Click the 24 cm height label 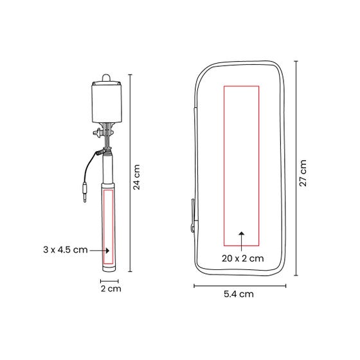click(136, 177)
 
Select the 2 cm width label click(111, 289)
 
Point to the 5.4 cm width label click(239, 294)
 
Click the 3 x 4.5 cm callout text click(66, 249)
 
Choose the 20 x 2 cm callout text click(243, 258)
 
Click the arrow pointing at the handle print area click(100, 251)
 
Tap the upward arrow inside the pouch click(242, 241)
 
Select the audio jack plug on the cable click(85, 192)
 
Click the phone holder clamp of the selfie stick click(107, 102)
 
